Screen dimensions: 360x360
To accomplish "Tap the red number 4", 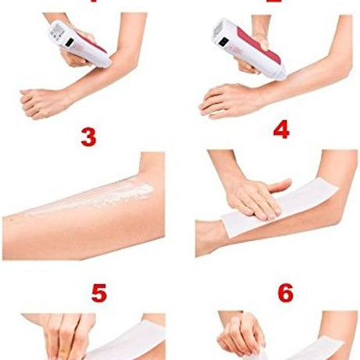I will click(280, 130).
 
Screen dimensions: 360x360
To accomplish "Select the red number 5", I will click(98, 294).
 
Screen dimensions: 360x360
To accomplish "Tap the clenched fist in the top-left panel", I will click(39, 100).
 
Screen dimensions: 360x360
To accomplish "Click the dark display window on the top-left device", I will click(66, 31).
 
